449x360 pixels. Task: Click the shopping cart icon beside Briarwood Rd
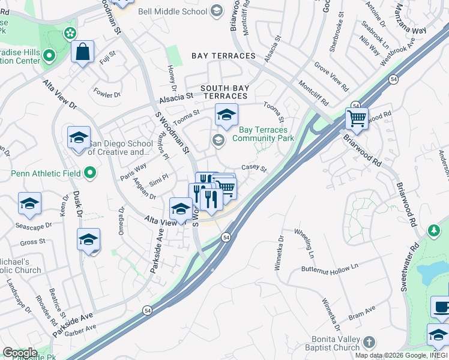[x=357, y=118]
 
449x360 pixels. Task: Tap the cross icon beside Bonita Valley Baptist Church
[x=369, y=343]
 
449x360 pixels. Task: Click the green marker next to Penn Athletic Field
[x=90, y=174]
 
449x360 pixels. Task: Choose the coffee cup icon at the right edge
[x=441, y=307]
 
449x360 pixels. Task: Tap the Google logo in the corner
[x=19, y=353]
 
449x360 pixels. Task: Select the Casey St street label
[x=254, y=168]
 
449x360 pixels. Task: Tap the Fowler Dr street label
[x=107, y=93]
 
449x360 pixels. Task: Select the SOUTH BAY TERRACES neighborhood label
[x=224, y=92]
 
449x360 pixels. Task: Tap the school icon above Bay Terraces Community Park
[x=226, y=115]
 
